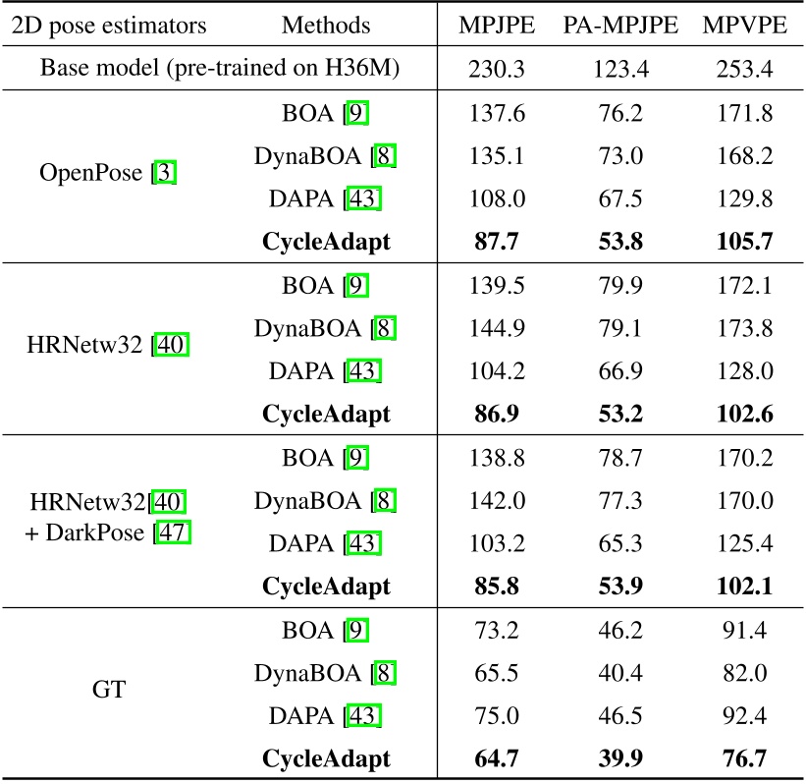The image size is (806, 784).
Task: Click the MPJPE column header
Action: point(498,26)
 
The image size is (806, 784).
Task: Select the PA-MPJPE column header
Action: point(620,26)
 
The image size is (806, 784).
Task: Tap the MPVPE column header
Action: point(745,26)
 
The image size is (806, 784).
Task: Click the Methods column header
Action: point(326,26)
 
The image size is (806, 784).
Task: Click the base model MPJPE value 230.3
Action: point(498,71)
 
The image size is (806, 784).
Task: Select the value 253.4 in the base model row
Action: point(745,71)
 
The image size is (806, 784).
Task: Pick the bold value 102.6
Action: point(745,416)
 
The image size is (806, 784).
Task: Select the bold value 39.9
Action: point(620,757)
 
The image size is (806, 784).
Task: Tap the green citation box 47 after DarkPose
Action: point(178,532)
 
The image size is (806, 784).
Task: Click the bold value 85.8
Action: point(498,587)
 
